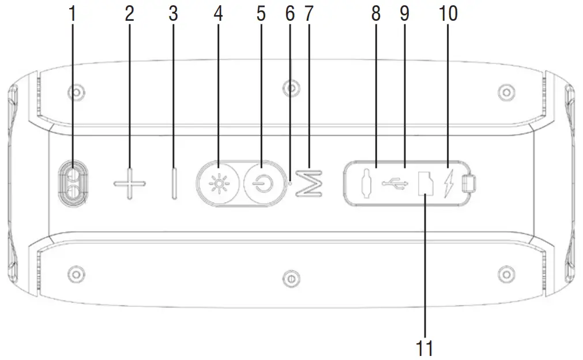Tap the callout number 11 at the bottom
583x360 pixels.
click(424, 348)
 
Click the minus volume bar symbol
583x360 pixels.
click(174, 184)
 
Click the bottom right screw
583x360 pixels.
click(506, 272)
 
